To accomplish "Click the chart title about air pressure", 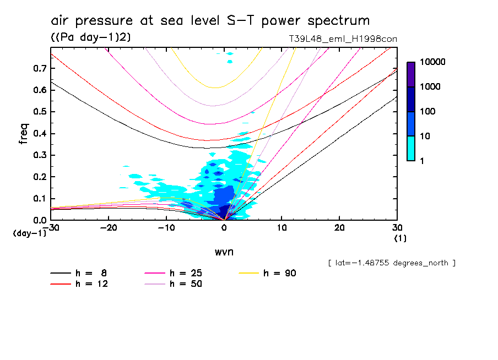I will tap(210, 21).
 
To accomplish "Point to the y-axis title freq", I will tap(24, 133).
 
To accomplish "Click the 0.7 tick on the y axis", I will tap(39, 68).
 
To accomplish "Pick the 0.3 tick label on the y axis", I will tap(39, 155).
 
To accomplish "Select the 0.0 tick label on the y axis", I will tap(39, 220).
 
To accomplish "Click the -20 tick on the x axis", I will tap(109, 228).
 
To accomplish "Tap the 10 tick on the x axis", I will tap(282, 228).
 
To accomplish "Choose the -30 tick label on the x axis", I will tap(51, 228).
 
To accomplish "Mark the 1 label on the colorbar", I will tap(424, 160).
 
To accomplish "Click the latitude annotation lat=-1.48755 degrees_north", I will tap(392, 263).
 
